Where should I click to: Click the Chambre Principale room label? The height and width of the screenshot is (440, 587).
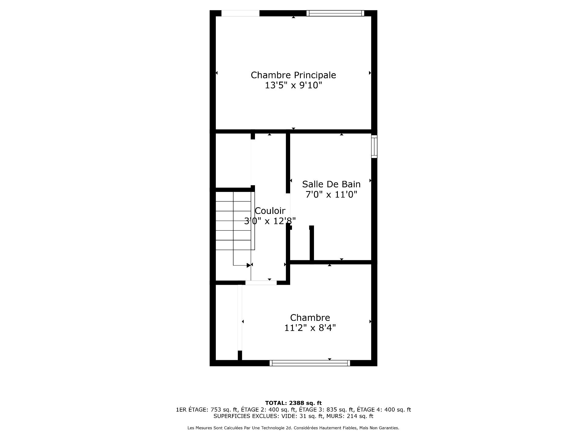[x=293, y=75]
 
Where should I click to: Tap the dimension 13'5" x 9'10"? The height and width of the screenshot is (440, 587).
[x=293, y=85]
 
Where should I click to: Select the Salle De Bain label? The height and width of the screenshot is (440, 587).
[x=331, y=184]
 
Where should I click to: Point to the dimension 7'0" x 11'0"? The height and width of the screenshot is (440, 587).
[x=331, y=194]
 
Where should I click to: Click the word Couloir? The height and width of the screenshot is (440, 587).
[x=270, y=211]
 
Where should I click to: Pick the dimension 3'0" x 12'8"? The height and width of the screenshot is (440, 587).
[x=270, y=221]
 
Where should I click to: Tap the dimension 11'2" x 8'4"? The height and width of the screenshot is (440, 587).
[x=310, y=328]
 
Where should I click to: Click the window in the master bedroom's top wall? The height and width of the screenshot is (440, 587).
[x=335, y=13]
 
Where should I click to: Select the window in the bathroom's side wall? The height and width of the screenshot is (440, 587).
[x=374, y=146]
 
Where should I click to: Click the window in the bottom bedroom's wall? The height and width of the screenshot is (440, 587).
[x=310, y=363]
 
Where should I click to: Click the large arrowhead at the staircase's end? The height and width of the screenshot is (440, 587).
[x=249, y=265]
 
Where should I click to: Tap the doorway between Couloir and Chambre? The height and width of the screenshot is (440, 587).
[x=261, y=283]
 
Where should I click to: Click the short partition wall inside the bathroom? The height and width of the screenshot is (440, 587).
[x=312, y=244]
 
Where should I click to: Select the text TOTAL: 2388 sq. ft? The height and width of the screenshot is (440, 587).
[x=293, y=403]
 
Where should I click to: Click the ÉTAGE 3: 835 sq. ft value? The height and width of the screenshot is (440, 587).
[x=326, y=410]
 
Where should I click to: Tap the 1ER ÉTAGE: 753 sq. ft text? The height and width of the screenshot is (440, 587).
[x=207, y=410]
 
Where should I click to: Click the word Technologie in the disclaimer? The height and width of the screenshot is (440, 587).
[x=281, y=428]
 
